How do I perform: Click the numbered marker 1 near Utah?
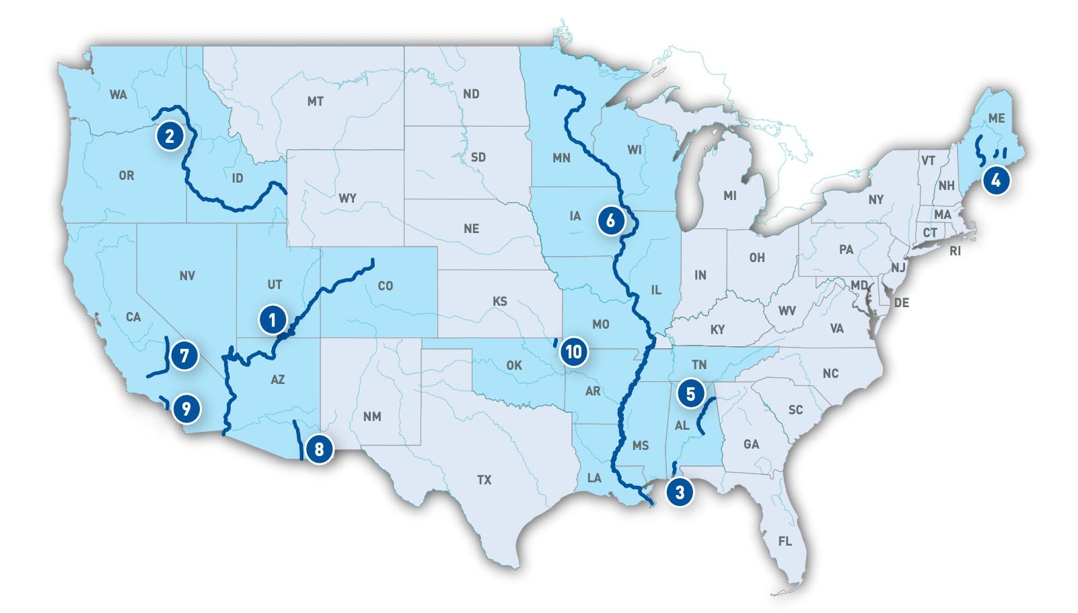click(x=273, y=319)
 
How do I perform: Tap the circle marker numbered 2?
click(x=170, y=136)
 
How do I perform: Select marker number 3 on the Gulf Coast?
click(x=680, y=492)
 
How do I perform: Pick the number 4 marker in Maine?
click(x=996, y=181)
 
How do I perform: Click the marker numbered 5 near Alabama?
click(x=691, y=393)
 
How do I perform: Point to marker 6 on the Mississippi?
click(x=610, y=220)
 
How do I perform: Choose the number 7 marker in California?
click(x=184, y=355)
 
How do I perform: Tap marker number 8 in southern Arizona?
click(x=319, y=449)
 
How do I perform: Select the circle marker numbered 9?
click(x=186, y=408)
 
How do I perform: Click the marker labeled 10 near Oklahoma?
click(x=573, y=351)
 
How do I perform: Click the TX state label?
click(x=484, y=480)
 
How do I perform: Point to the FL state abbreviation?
click(x=785, y=541)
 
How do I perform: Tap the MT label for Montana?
click(x=315, y=102)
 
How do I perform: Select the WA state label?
click(x=118, y=94)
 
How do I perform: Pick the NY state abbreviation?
click(x=875, y=199)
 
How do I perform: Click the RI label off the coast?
click(x=955, y=251)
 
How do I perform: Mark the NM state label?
click(x=372, y=416)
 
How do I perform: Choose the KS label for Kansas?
click(x=499, y=301)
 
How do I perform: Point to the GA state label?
click(x=751, y=444)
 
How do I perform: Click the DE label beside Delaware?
click(x=901, y=303)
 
